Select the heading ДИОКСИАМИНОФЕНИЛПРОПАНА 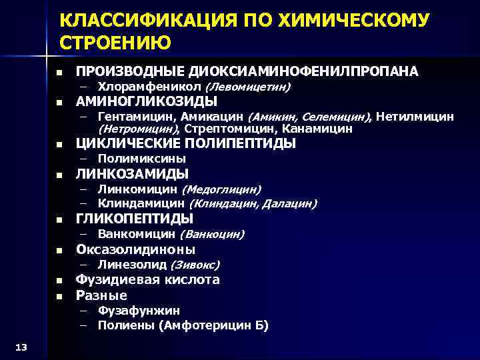(304, 71)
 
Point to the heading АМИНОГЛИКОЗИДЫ (147, 101)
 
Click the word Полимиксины (141, 159)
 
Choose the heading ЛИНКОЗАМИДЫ (132, 174)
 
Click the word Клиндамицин (141, 203)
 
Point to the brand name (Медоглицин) (221, 190)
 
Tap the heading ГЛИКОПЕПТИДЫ (135, 219)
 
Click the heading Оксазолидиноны (135, 250)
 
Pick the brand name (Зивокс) (195, 265)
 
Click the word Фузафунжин (139, 310)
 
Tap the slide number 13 (20, 345)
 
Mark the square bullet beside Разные (59, 295)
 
